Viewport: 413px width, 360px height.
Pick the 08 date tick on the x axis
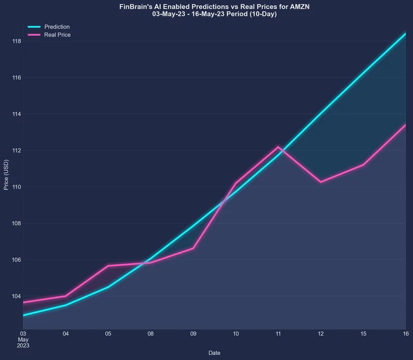pyautogui.click(x=150, y=334)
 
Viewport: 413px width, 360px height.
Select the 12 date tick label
pyautogui.click(x=321, y=334)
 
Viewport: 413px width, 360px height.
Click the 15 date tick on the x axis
pyautogui.click(x=363, y=334)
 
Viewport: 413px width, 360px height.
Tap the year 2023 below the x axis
pyautogui.click(x=23, y=346)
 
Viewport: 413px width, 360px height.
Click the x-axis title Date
pyautogui.click(x=214, y=353)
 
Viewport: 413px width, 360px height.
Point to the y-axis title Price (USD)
pyautogui.click(x=6, y=174)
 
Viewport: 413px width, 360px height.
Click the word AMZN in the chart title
pyautogui.click(x=299, y=7)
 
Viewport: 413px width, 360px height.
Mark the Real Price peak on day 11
pyautogui.click(x=278, y=147)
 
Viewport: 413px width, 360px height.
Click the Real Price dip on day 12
pyautogui.click(x=321, y=182)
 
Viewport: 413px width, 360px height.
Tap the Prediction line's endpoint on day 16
pyautogui.click(x=405, y=34)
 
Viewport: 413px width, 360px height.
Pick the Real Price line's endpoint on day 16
pyautogui.click(x=405, y=125)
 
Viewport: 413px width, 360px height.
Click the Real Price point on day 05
pyautogui.click(x=108, y=266)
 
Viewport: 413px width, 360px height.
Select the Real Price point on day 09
pyautogui.click(x=193, y=248)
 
